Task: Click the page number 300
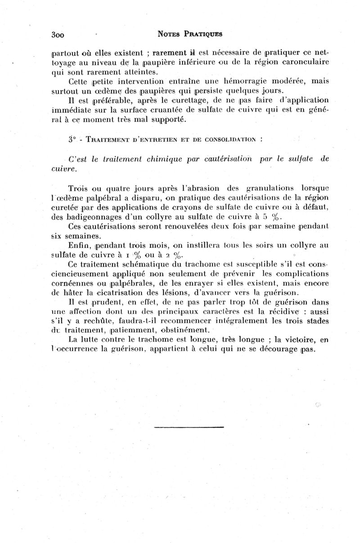click(x=59, y=34)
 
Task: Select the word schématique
click(x=135, y=265)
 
